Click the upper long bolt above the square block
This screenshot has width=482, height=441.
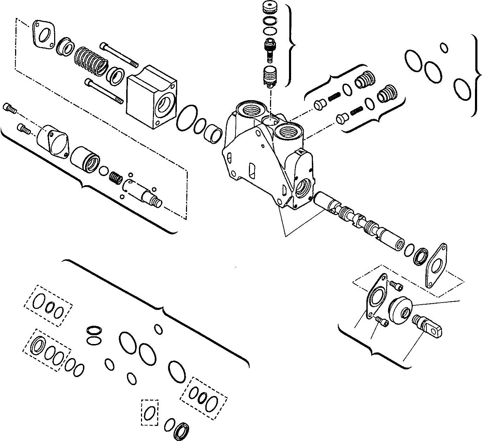pos(119,55)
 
